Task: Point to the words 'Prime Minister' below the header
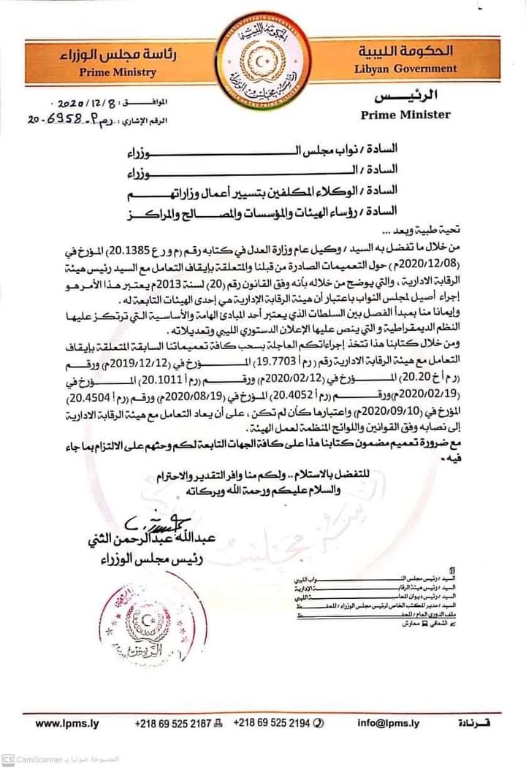(405, 114)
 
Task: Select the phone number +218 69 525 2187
(173, 724)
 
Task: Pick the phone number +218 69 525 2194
(271, 724)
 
